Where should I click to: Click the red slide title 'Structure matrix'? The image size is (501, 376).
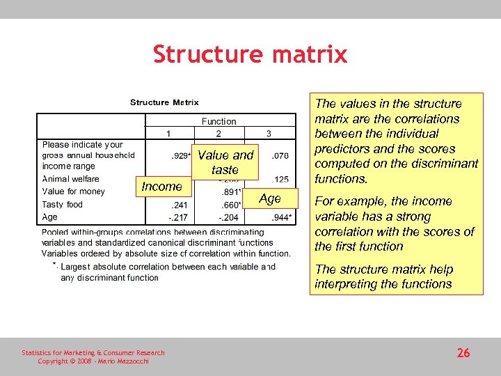click(x=250, y=54)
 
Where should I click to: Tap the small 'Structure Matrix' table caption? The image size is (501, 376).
click(x=164, y=103)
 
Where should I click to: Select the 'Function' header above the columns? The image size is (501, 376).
click(x=218, y=121)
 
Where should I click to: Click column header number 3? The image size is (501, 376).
click(x=269, y=133)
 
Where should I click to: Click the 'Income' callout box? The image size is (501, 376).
click(x=161, y=186)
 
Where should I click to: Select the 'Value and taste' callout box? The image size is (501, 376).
click(x=225, y=162)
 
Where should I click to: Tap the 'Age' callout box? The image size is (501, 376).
click(x=270, y=199)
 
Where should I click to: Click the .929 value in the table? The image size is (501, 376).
click(x=181, y=156)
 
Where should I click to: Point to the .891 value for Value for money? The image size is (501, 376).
click(x=230, y=191)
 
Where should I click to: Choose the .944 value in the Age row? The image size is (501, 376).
click(x=281, y=217)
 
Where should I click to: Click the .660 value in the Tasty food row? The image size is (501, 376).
click(x=230, y=205)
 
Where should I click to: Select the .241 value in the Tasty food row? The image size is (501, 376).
click(x=179, y=205)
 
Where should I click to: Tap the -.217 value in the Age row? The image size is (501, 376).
click(x=178, y=217)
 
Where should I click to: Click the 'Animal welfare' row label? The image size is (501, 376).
click(x=71, y=179)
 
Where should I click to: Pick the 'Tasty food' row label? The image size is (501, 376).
click(x=63, y=205)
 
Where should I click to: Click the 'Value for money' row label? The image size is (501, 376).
click(x=74, y=191)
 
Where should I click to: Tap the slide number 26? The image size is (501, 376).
click(x=463, y=353)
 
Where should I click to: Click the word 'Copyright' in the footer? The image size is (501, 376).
click(x=54, y=361)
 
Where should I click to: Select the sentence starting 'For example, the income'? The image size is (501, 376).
click(x=394, y=224)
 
